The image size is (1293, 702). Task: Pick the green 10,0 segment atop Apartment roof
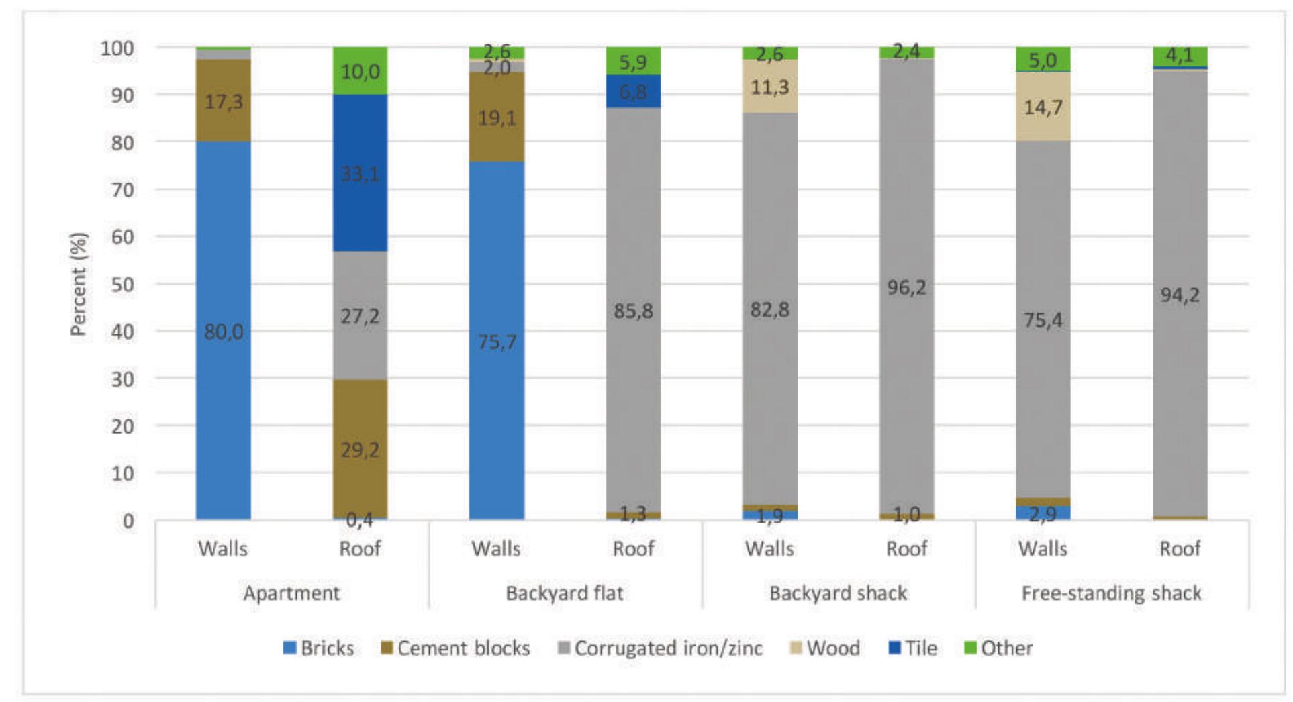[x=360, y=70]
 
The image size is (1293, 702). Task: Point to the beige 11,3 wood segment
[x=769, y=87]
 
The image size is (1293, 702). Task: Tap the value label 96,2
[x=906, y=288]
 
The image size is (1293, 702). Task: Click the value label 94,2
[x=1180, y=295]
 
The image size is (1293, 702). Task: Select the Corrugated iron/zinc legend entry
[x=660, y=648]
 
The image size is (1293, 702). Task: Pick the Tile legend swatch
[x=895, y=648]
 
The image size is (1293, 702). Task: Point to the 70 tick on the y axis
[x=123, y=190]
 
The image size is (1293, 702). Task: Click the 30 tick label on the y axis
[x=123, y=379]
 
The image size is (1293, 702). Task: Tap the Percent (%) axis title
[x=79, y=283]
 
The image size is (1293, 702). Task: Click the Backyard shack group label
[x=838, y=593]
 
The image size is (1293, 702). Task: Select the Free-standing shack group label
[x=1111, y=593]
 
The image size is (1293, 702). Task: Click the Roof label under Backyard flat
[x=633, y=549]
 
